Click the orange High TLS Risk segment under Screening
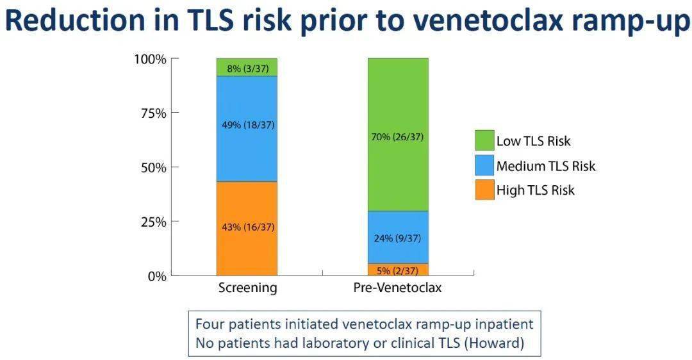pos(247,229)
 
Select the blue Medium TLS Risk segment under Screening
pos(247,129)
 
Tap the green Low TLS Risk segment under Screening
pos(247,67)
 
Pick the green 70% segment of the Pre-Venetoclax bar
pos(398,135)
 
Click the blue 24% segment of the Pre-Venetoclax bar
pos(398,237)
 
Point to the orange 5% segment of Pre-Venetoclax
pos(398,270)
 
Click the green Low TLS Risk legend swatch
pos(484,140)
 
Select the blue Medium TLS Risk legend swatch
pos(484,165)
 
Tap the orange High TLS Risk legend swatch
pos(484,190)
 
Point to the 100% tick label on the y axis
pos(151,59)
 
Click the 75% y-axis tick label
pos(154,113)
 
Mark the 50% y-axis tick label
pos(154,168)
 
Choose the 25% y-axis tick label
pos(154,222)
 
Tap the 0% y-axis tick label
pos(157,277)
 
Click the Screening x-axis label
pos(247,288)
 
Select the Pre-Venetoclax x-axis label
pos(398,288)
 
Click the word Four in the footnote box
pos(209,324)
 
